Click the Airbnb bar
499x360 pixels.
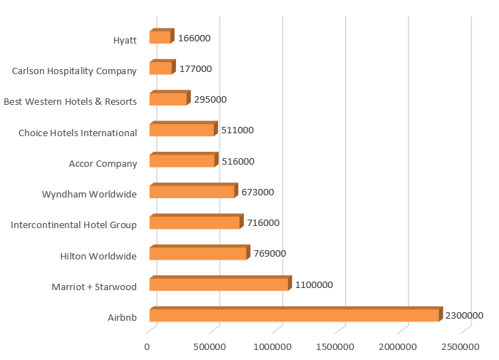click(294, 315)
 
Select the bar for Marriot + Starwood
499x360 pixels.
click(219, 284)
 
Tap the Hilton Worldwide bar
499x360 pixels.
click(198, 254)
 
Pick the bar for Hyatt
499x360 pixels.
click(160, 37)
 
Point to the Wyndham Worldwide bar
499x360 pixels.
click(192, 192)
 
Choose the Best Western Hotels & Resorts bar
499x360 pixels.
click(168, 99)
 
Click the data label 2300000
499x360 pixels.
click(465, 316)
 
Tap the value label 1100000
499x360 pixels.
click(314, 285)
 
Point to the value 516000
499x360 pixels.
click(238, 161)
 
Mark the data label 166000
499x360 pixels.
click(194, 38)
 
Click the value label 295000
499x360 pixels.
click(210, 100)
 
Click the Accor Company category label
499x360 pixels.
click(103, 164)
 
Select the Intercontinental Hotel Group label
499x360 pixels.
click(73, 225)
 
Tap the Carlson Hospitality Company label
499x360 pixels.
click(74, 71)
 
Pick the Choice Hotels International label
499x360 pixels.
click(78, 133)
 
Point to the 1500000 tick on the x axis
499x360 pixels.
click(335, 346)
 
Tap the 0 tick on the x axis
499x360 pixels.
click(148, 346)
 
